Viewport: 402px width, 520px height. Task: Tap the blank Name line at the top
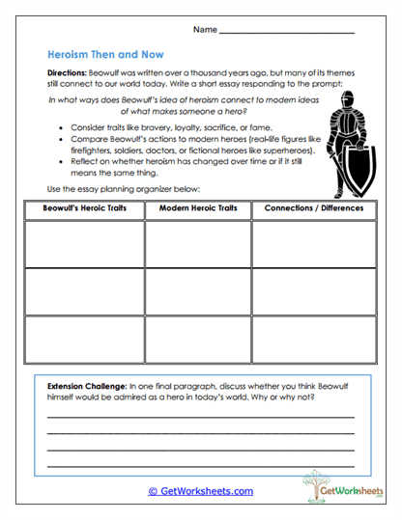(x=286, y=35)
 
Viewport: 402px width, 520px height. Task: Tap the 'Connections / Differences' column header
(x=313, y=208)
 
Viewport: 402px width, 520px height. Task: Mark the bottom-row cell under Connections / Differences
(x=313, y=339)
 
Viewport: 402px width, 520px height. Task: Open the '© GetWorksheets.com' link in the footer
(x=201, y=491)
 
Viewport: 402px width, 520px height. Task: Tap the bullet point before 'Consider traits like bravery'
(x=61, y=126)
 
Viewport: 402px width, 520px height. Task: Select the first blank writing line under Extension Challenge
(x=201, y=416)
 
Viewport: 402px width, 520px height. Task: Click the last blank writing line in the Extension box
(x=201, y=466)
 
